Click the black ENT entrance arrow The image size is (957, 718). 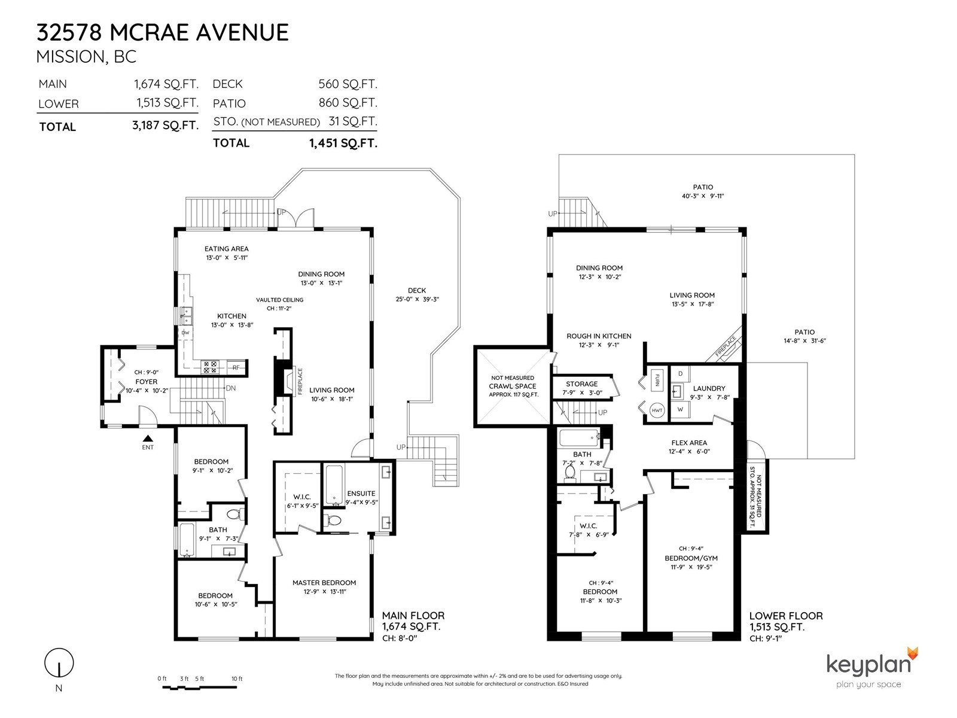click(148, 438)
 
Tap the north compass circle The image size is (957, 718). click(59, 663)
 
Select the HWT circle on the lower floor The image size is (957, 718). click(657, 410)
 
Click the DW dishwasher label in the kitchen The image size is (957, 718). click(185, 333)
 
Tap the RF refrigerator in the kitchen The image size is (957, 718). click(236, 367)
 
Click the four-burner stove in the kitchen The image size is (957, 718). click(210, 367)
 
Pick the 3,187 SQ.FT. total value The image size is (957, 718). click(165, 126)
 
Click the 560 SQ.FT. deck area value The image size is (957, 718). click(348, 84)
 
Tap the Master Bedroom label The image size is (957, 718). click(324, 582)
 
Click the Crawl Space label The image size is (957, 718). click(512, 387)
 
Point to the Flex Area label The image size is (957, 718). click(689, 443)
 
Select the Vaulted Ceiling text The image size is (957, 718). click(279, 300)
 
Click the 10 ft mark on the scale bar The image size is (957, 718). click(237, 679)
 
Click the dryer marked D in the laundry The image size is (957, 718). click(680, 374)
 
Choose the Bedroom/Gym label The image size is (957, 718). click(691, 558)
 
